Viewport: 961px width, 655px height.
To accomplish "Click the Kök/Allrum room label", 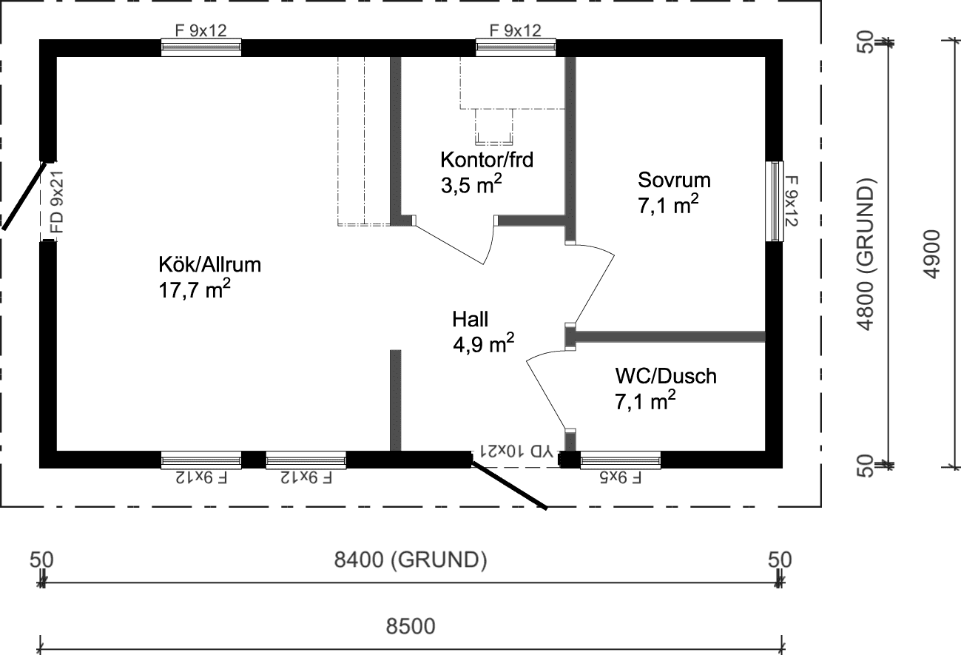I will pyautogui.click(x=209, y=264).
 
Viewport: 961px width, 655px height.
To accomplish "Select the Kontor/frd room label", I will pyautogui.click(x=487, y=159).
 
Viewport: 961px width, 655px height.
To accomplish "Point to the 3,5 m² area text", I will pyautogui.click(x=472, y=184).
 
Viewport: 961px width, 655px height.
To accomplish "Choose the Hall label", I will pyautogui.click(x=471, y=319).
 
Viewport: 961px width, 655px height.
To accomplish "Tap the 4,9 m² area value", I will pyautogui.click(x=483, y=345).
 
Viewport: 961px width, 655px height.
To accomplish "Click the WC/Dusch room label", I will pyautogui.click(x=665, y=376).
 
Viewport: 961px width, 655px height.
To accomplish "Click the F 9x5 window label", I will pyautogui.click(x=620, y=477).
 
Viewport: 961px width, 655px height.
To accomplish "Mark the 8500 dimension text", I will pyautogui.click(x=411, y=627).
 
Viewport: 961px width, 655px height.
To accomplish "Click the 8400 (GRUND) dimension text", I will pyautogui.click(x=411, y=560).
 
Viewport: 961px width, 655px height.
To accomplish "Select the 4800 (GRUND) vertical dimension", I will pyautogui.click(x=865, y=253).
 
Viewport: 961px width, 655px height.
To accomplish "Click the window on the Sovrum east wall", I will pyautogui.click(x=774, y=201).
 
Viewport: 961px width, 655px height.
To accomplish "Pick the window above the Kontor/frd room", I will pyautogui.click(x=516, y=47).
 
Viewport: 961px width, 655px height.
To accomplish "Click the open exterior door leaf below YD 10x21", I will pyautogui.click(x=509, y=486).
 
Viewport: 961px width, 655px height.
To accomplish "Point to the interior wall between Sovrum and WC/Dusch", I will pyautogui.click(x=669, y=337).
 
